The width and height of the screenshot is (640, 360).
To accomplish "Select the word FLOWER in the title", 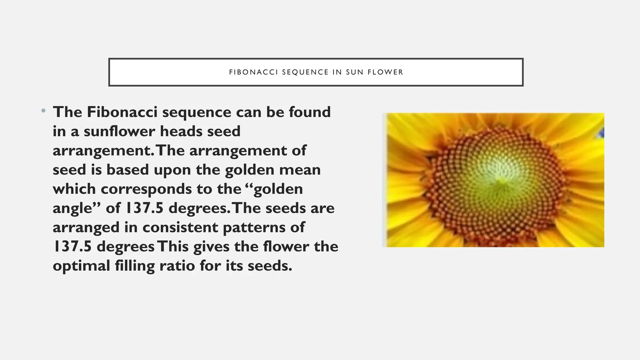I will [x=385, y=72].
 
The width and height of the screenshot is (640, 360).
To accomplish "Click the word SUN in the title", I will [x=355, y=72].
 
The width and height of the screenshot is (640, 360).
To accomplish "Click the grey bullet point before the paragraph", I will [x=43, y=111].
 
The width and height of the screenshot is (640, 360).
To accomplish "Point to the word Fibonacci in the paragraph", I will [x=122, y=112].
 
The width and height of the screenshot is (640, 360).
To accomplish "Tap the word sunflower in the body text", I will [x=119, y=131].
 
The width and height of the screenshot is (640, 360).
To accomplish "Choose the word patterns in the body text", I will [x=264, y=227].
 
